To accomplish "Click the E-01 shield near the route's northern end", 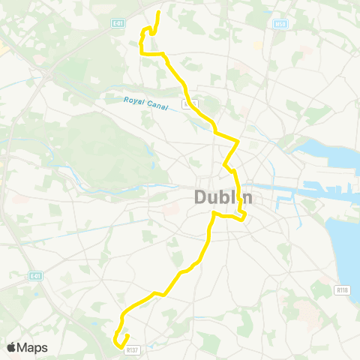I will (x=118, y=23).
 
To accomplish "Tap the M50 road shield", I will (x=260, y=24).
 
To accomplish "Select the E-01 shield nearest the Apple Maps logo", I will (x=35, y=276).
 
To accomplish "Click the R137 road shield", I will (x=132, y=349).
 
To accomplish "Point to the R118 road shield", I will (x=343, y=289).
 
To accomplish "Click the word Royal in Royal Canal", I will (x=135, y=100).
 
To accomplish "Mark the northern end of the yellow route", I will (x=159, y=13).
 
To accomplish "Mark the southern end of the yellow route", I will (x=127, y=335).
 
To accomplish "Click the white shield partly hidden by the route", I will (x=190, y=103).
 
